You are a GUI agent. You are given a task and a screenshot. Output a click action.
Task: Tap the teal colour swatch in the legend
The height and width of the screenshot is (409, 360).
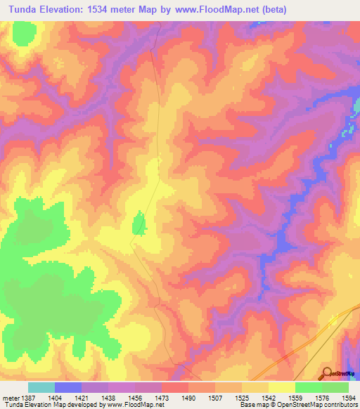(41, 387)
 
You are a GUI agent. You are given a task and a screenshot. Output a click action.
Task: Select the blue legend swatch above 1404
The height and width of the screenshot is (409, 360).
(68, 387)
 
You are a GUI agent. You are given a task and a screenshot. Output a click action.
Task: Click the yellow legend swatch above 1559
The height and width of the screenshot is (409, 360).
(282, 387)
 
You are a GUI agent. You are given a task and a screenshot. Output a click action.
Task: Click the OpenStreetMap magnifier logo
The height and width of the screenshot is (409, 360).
(328, 373)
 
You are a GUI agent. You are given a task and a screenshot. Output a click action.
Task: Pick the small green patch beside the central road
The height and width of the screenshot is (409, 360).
(139, 225)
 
